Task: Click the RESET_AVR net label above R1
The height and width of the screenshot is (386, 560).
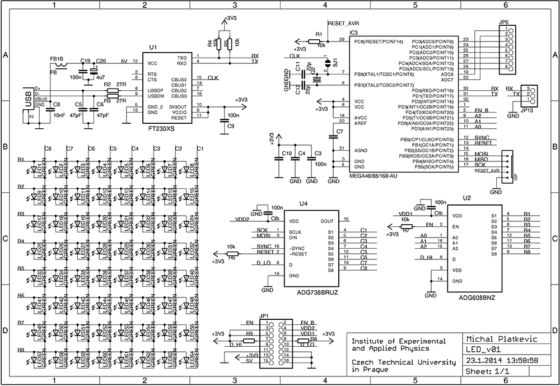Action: point(343,24)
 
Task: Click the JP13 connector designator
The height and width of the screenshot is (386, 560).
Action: point(528,111)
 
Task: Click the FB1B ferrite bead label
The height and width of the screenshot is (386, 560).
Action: point(57,58)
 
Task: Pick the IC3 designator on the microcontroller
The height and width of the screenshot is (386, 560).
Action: point(354,33)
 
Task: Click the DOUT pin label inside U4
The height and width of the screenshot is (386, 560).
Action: point(327,221)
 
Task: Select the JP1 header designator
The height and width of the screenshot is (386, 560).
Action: point(264,316)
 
